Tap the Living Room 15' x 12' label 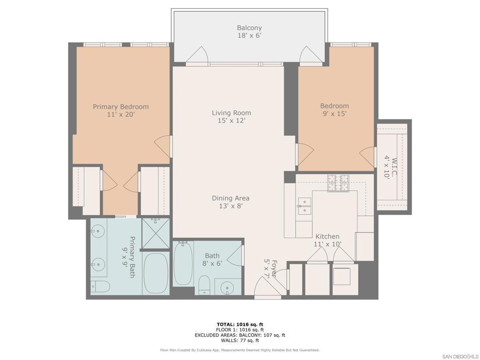tap(231, 116)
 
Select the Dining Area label tap(230, 202)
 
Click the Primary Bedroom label tap(120, 110)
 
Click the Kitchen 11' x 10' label tap(327, 240)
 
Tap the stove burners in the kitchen tap(338, 183)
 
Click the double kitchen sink tap(304, 206)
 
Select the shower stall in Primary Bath tap(155, 232)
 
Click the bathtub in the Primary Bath tap(156, 274)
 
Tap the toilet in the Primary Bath tap(100, 286)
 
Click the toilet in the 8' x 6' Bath tap(204, 285)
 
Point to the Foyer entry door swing tap(265, 287)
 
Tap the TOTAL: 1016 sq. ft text tap(240, 324)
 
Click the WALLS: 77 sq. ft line tap(240, 340)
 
